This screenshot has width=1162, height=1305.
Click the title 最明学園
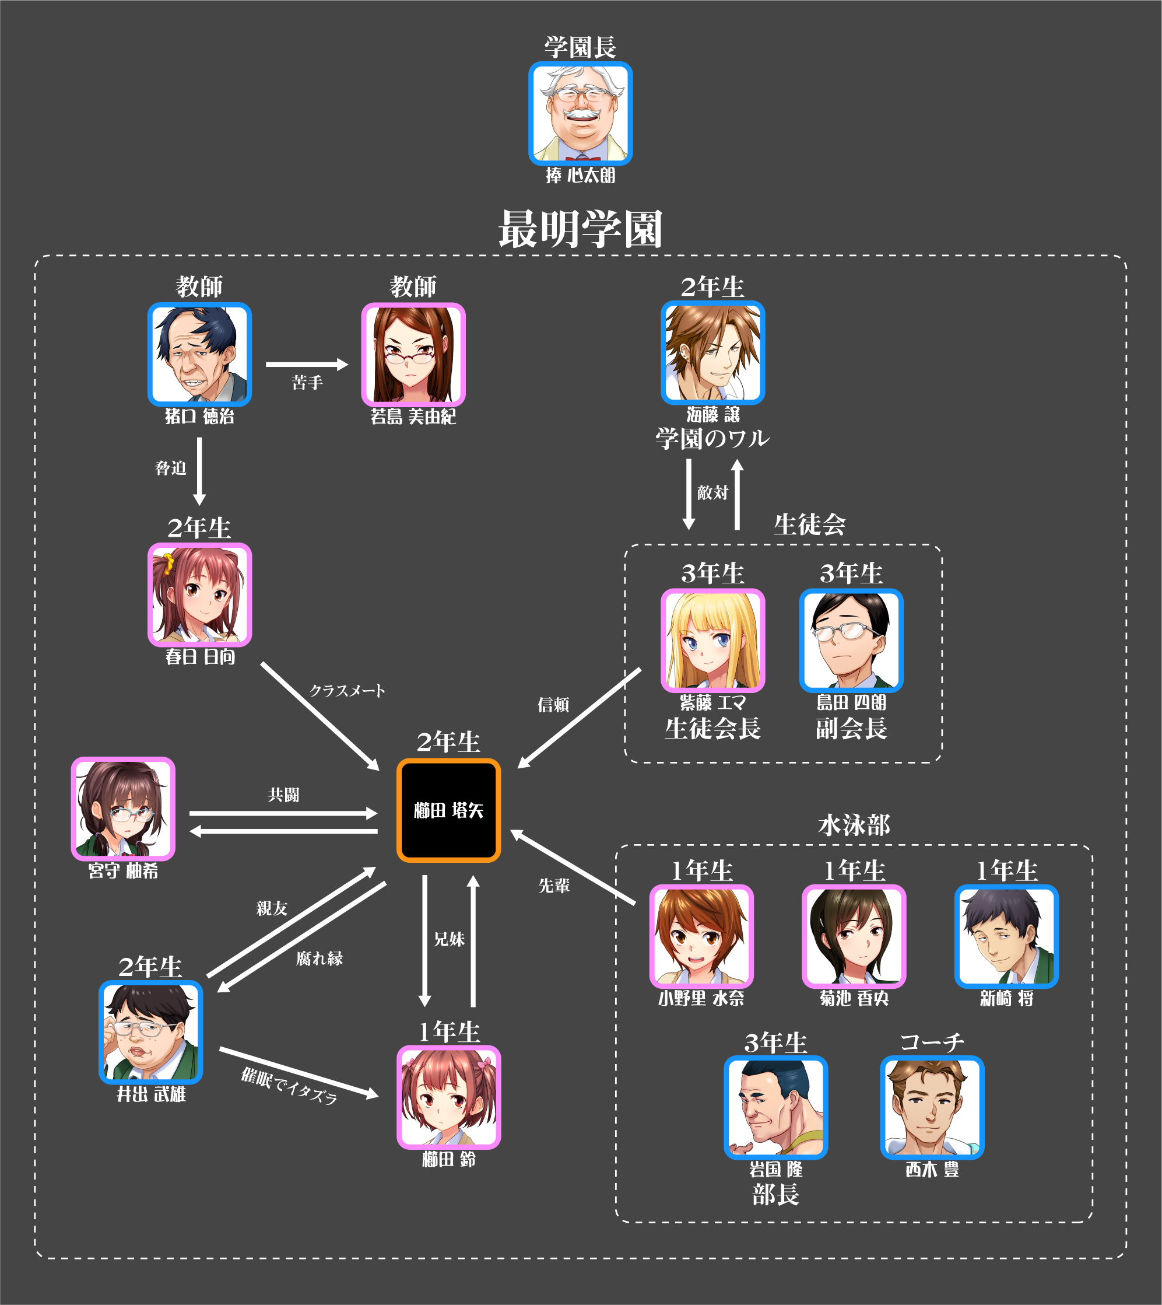[580, 229]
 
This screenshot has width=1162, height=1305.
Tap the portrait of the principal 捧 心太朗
[580, 114]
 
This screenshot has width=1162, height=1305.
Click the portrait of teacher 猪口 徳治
[199, 354]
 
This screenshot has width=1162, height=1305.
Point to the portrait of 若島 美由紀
[413, 355]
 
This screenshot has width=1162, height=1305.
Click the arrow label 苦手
[307, 383]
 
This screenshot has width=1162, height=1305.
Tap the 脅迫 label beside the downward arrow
[170, 468]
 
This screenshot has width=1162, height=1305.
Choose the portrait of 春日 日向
[199, 594]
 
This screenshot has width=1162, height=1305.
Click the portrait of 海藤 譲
[712, 352]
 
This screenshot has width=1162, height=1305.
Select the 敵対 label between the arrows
[712, 492]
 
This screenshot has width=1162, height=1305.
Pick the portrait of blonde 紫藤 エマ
[712, 640]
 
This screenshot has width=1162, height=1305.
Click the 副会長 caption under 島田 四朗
[851, 728]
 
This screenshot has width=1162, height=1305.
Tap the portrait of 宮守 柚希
[122, 808]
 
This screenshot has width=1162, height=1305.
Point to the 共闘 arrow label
[283, 795]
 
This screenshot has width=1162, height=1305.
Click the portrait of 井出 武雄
[150, 1031]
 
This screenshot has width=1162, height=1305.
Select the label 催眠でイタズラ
[289, 1086]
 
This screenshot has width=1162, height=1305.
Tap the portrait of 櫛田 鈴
[448, 1097]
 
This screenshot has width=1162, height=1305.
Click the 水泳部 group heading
[854, 825]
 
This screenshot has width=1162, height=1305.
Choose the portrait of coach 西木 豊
[932, 1107]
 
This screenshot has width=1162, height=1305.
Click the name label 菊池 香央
[854, 998]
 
